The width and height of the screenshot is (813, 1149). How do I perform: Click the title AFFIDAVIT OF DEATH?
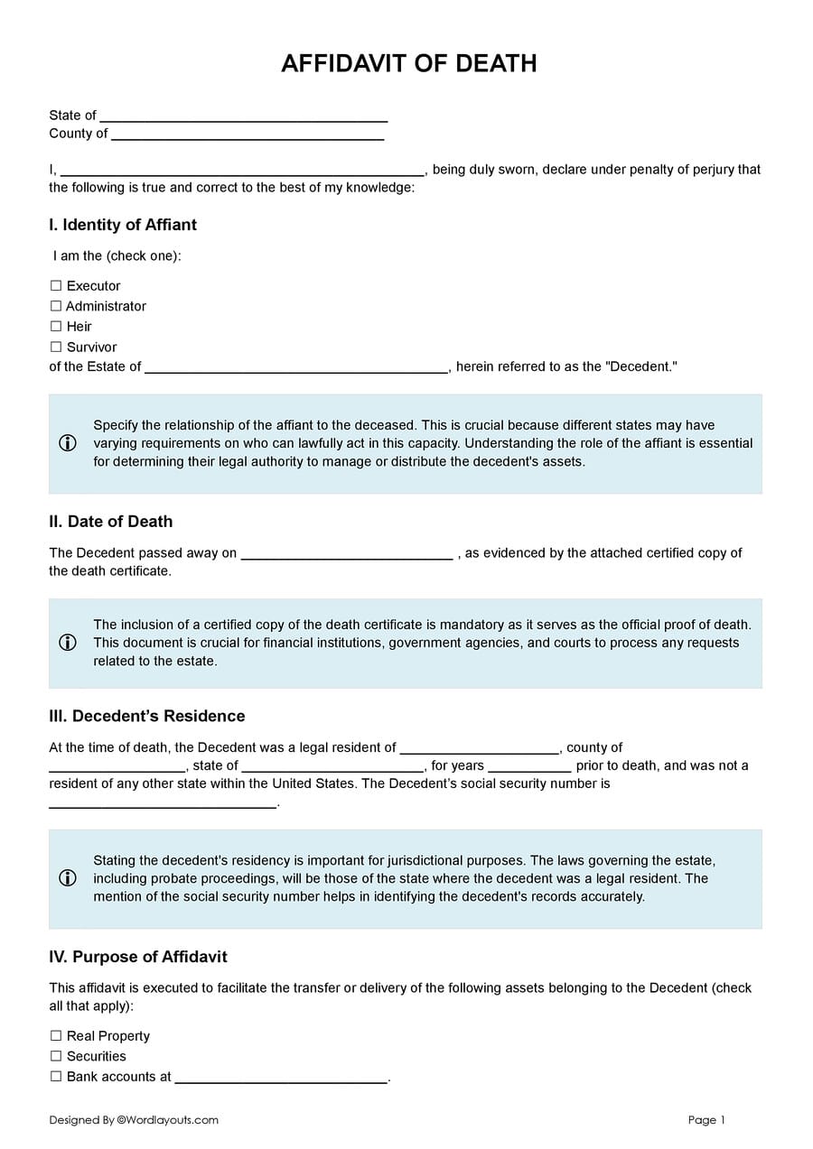(x=408, y=63)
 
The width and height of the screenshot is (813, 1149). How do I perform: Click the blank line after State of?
(x=243, y=116)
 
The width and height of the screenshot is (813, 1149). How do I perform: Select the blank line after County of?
(x=248, y=134)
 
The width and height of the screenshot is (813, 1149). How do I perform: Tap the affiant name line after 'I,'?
(x=242, y=171)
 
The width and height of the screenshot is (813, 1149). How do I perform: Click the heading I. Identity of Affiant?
(x=123, y=225)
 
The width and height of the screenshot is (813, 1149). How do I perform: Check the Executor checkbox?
(x=56, y=286)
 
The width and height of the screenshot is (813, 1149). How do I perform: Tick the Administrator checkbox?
(x=56, y=307)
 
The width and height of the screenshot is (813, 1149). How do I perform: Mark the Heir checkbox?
(x=56, y=327)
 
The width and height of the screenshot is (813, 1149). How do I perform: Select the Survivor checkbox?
(x=56, y=347)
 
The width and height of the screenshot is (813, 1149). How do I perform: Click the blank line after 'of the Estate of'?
(x=296, y=368)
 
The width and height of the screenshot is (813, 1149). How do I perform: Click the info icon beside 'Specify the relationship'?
(x=68, y=443)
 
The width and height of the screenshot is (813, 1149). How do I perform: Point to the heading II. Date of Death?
(x=110, y=522)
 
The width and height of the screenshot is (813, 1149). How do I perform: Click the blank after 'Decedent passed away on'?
(x=347, y=554)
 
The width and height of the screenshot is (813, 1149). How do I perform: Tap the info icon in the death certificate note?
(x=68, y=643)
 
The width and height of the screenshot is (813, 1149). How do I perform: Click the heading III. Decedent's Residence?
(x=146, y=716)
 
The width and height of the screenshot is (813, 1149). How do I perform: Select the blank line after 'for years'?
(x=529, y=767)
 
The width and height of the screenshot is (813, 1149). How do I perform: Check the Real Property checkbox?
(x=56, y=1036)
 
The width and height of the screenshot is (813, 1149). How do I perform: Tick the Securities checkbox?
(x=56, y=1057)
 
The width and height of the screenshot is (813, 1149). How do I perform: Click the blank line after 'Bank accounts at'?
(x=281, y=1079)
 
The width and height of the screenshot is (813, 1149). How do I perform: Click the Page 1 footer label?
(x=706, y=1120)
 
